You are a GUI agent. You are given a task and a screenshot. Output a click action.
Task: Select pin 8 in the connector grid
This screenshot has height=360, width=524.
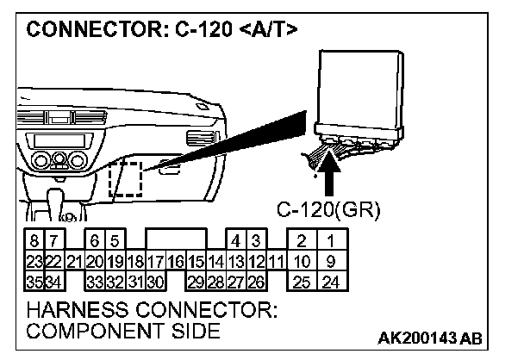tap(34, 242)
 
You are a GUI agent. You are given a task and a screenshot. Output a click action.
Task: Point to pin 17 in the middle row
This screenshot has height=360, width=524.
tap(155, 261)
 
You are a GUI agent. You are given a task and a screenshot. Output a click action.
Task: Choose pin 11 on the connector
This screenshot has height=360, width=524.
tap(275, 261)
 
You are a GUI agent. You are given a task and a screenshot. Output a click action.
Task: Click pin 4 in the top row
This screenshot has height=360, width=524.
tap(234, 242)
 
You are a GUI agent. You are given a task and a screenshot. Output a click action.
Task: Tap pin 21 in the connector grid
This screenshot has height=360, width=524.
tap(73, 261)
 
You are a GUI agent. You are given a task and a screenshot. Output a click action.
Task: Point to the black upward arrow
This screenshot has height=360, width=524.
tap(330, 172)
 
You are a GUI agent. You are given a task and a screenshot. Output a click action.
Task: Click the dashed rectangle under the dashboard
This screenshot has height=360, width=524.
tap(125, 178)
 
